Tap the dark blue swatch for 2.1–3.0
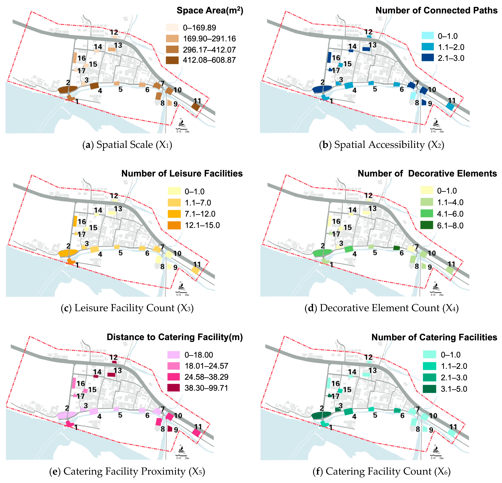[427, 58]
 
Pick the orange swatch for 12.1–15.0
[174, 225]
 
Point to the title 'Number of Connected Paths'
[436, 11]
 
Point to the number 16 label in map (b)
[336, 58]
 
